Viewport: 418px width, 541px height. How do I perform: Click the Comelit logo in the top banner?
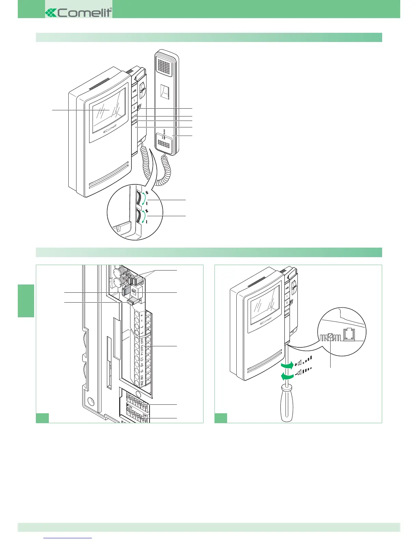(x=79, y=13)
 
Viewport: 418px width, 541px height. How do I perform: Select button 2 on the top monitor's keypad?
(x=134, y=108)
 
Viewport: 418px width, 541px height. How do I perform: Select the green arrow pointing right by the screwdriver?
(x=286, y=366)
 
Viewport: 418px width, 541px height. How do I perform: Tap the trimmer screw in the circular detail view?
(x=330, y=336)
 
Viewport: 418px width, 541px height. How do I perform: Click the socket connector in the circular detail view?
(x=350, y=334)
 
